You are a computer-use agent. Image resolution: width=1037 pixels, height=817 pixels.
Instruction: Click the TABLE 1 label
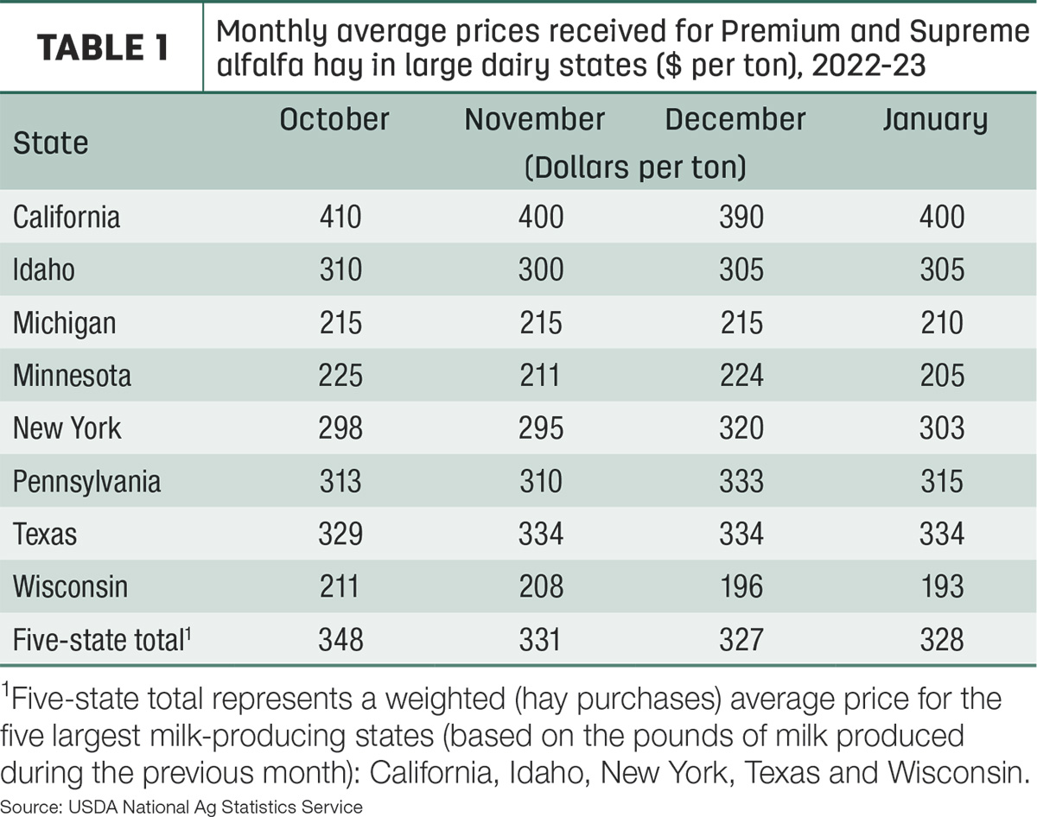click(103, 47)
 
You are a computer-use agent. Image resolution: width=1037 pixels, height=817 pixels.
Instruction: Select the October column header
click(334, 119)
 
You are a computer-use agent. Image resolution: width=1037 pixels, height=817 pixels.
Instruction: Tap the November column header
click(534, 119)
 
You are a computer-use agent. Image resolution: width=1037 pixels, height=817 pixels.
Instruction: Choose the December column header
click(735, 119)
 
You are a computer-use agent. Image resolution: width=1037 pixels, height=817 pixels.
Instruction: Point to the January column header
click(935, 120)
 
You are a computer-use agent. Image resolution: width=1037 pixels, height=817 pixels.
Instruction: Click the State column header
click(51, 143)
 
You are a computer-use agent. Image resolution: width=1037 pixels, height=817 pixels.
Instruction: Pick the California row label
click(67, 217)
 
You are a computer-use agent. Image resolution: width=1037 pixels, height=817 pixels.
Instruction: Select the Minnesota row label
click(72, 376)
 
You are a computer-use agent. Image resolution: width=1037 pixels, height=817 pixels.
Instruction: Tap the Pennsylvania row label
click(86, 482)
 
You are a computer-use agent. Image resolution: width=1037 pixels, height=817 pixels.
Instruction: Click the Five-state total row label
click(102, 640)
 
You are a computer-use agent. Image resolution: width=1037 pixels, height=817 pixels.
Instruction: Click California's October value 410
click(340, 217)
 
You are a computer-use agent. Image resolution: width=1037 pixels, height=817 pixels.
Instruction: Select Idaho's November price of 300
click(541, 269)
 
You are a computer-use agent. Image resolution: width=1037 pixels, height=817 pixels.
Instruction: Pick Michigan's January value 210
click(942, 322)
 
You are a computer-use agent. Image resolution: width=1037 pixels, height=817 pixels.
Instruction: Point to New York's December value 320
click(741, 427)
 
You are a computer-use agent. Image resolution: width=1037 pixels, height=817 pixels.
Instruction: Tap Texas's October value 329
click(340, 534)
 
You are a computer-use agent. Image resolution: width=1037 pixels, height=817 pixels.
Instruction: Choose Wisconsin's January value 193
click(942, 586)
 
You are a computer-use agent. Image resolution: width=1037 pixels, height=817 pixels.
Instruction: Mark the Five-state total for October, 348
click(340, 640)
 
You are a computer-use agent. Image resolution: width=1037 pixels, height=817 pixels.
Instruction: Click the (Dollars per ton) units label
click(635, 168)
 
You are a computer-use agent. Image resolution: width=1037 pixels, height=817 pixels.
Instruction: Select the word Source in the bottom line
click(30, 807)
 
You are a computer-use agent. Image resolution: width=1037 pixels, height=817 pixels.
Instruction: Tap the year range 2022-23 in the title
click(868, 65)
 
